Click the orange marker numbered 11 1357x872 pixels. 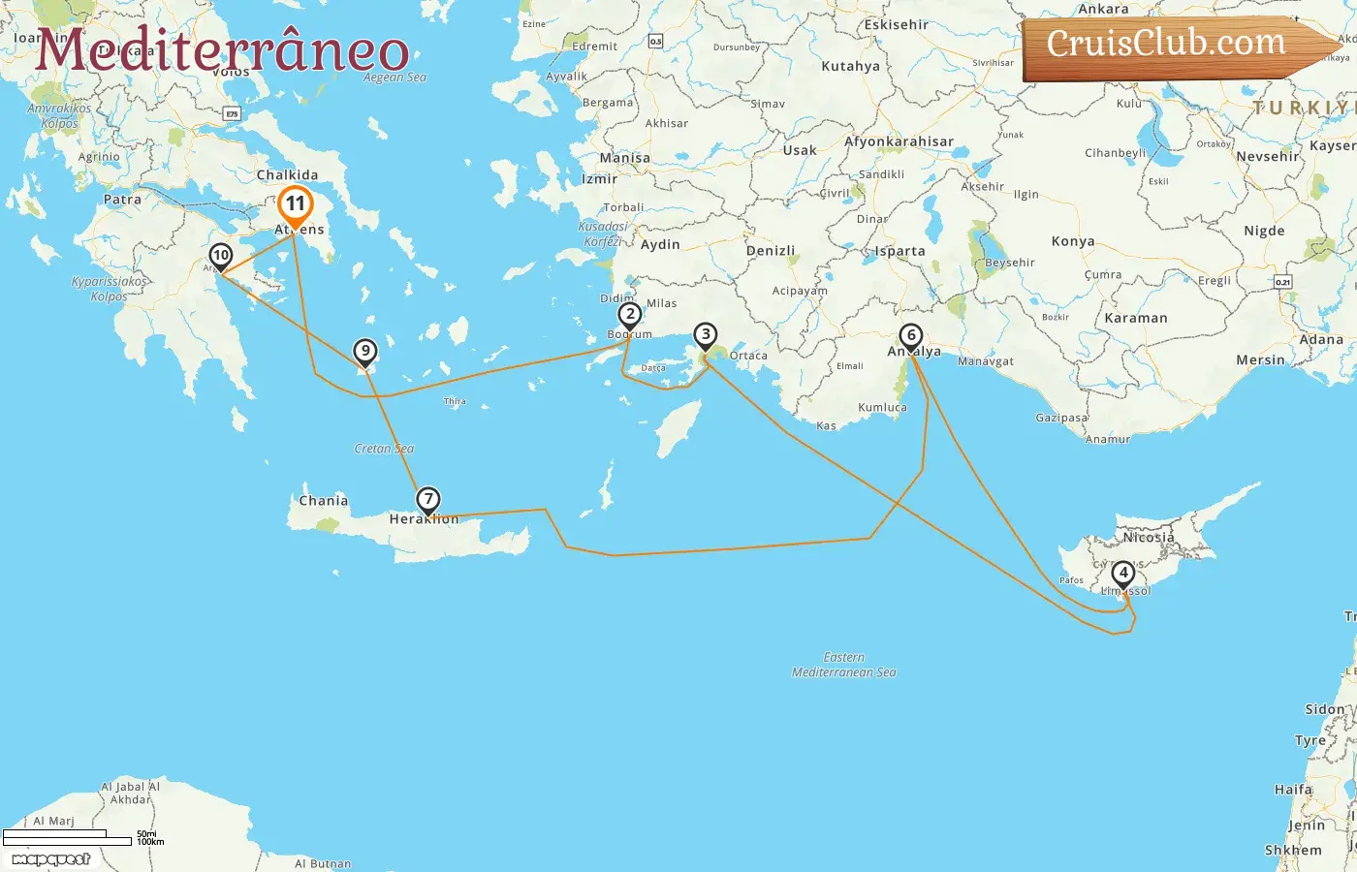295,204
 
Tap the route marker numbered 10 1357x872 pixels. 221,256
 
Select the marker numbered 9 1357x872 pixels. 364,351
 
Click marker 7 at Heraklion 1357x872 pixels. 428,499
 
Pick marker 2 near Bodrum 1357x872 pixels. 630,314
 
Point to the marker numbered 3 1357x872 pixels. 706,335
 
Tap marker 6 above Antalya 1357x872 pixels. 910,336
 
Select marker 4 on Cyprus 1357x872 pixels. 1122,573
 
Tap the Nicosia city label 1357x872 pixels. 1149,537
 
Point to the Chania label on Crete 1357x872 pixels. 323,501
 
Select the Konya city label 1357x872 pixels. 1073,241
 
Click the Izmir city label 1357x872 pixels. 599,179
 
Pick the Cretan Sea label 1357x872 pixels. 384,449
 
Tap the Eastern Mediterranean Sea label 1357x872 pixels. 844,665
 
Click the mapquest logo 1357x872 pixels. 51,859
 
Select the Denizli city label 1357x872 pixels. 771,251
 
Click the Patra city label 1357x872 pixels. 122,200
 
